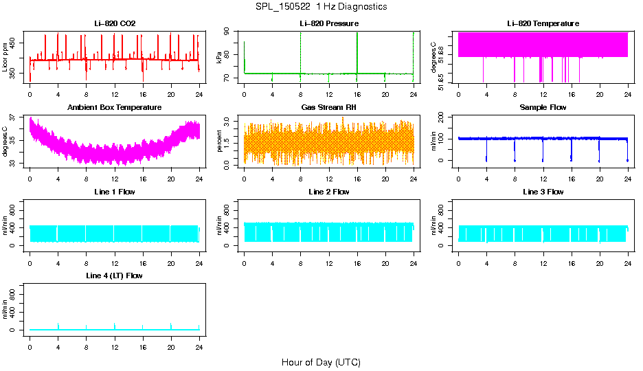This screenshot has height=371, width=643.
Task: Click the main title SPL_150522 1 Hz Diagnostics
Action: click(321, 7)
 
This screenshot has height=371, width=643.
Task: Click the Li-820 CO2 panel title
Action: click(115, 23)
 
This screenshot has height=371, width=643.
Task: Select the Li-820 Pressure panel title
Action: click(329, 23)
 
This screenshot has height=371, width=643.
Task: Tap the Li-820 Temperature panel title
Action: click(543, 23)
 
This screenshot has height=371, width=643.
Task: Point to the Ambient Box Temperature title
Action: click(115, 108)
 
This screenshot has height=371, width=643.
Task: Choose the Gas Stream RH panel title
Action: click(329, 108)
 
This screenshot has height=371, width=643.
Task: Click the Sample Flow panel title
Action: click(543, 108)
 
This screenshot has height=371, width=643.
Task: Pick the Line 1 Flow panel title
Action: click(115, 192)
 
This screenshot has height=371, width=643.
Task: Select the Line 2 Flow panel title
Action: click(329, 192)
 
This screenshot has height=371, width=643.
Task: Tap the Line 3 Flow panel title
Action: click(543, 192)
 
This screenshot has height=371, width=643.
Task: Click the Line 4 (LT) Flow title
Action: click(115, 276)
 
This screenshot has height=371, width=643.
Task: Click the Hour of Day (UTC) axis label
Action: click(321, 362)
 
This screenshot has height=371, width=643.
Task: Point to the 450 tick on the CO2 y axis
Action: click(16, 43)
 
